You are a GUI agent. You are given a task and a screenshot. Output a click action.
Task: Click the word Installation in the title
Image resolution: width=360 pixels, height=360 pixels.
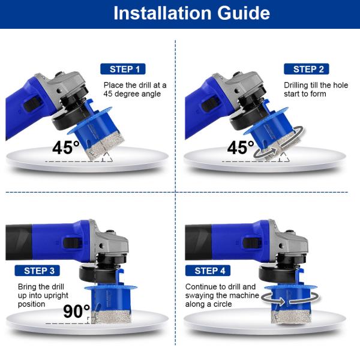click(163, 13)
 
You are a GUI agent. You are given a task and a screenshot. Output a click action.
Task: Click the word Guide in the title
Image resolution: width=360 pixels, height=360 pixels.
click(244, 13)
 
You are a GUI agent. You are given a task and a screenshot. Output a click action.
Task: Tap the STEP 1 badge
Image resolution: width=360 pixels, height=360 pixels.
click(123, 69)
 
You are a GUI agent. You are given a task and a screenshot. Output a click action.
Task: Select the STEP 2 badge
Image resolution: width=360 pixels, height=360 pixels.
click(306, 69)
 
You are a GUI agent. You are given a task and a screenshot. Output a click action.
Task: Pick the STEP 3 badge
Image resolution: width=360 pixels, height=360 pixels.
click(37, 271)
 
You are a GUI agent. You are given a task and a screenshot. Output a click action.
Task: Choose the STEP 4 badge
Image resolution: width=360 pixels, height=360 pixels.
click(208, 271)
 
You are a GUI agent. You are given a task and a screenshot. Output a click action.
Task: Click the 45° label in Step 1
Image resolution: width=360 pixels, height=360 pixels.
click(66, 148)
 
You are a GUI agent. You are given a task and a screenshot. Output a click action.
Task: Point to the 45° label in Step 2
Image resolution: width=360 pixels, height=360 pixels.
click(241, 148)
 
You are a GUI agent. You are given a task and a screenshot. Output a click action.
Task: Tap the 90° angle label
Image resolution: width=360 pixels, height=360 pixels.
click(76, 311)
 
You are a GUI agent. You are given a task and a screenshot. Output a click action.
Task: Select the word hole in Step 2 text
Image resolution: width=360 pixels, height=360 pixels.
click(340, 85)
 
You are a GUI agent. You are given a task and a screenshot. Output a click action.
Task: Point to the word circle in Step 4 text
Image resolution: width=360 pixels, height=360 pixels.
click(223, 304)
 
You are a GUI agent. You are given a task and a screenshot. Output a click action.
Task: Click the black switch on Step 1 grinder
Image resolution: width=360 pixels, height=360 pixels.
click(32, 104)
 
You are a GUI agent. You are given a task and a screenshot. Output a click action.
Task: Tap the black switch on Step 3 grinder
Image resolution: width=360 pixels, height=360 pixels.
click(73, 243)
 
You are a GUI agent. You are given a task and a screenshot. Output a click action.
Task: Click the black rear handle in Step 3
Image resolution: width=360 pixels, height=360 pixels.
click(19, 242)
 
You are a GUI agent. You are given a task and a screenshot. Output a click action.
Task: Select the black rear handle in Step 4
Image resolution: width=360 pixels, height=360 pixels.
click(199, 242)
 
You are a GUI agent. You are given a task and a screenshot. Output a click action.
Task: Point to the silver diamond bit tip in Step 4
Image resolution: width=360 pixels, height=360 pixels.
click(291, 317)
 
